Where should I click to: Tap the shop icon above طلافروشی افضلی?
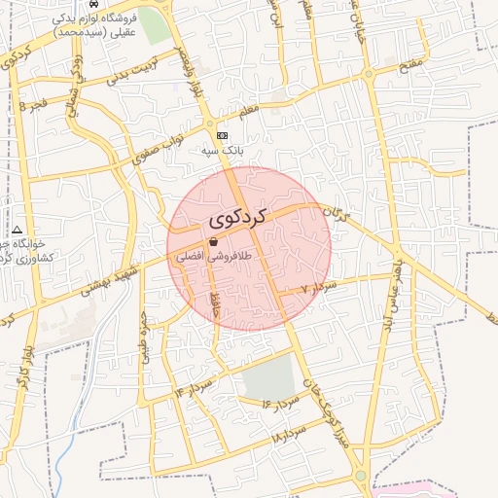point(213,242)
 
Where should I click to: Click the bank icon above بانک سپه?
point(223,136)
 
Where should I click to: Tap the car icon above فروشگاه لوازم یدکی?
point(92,4)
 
